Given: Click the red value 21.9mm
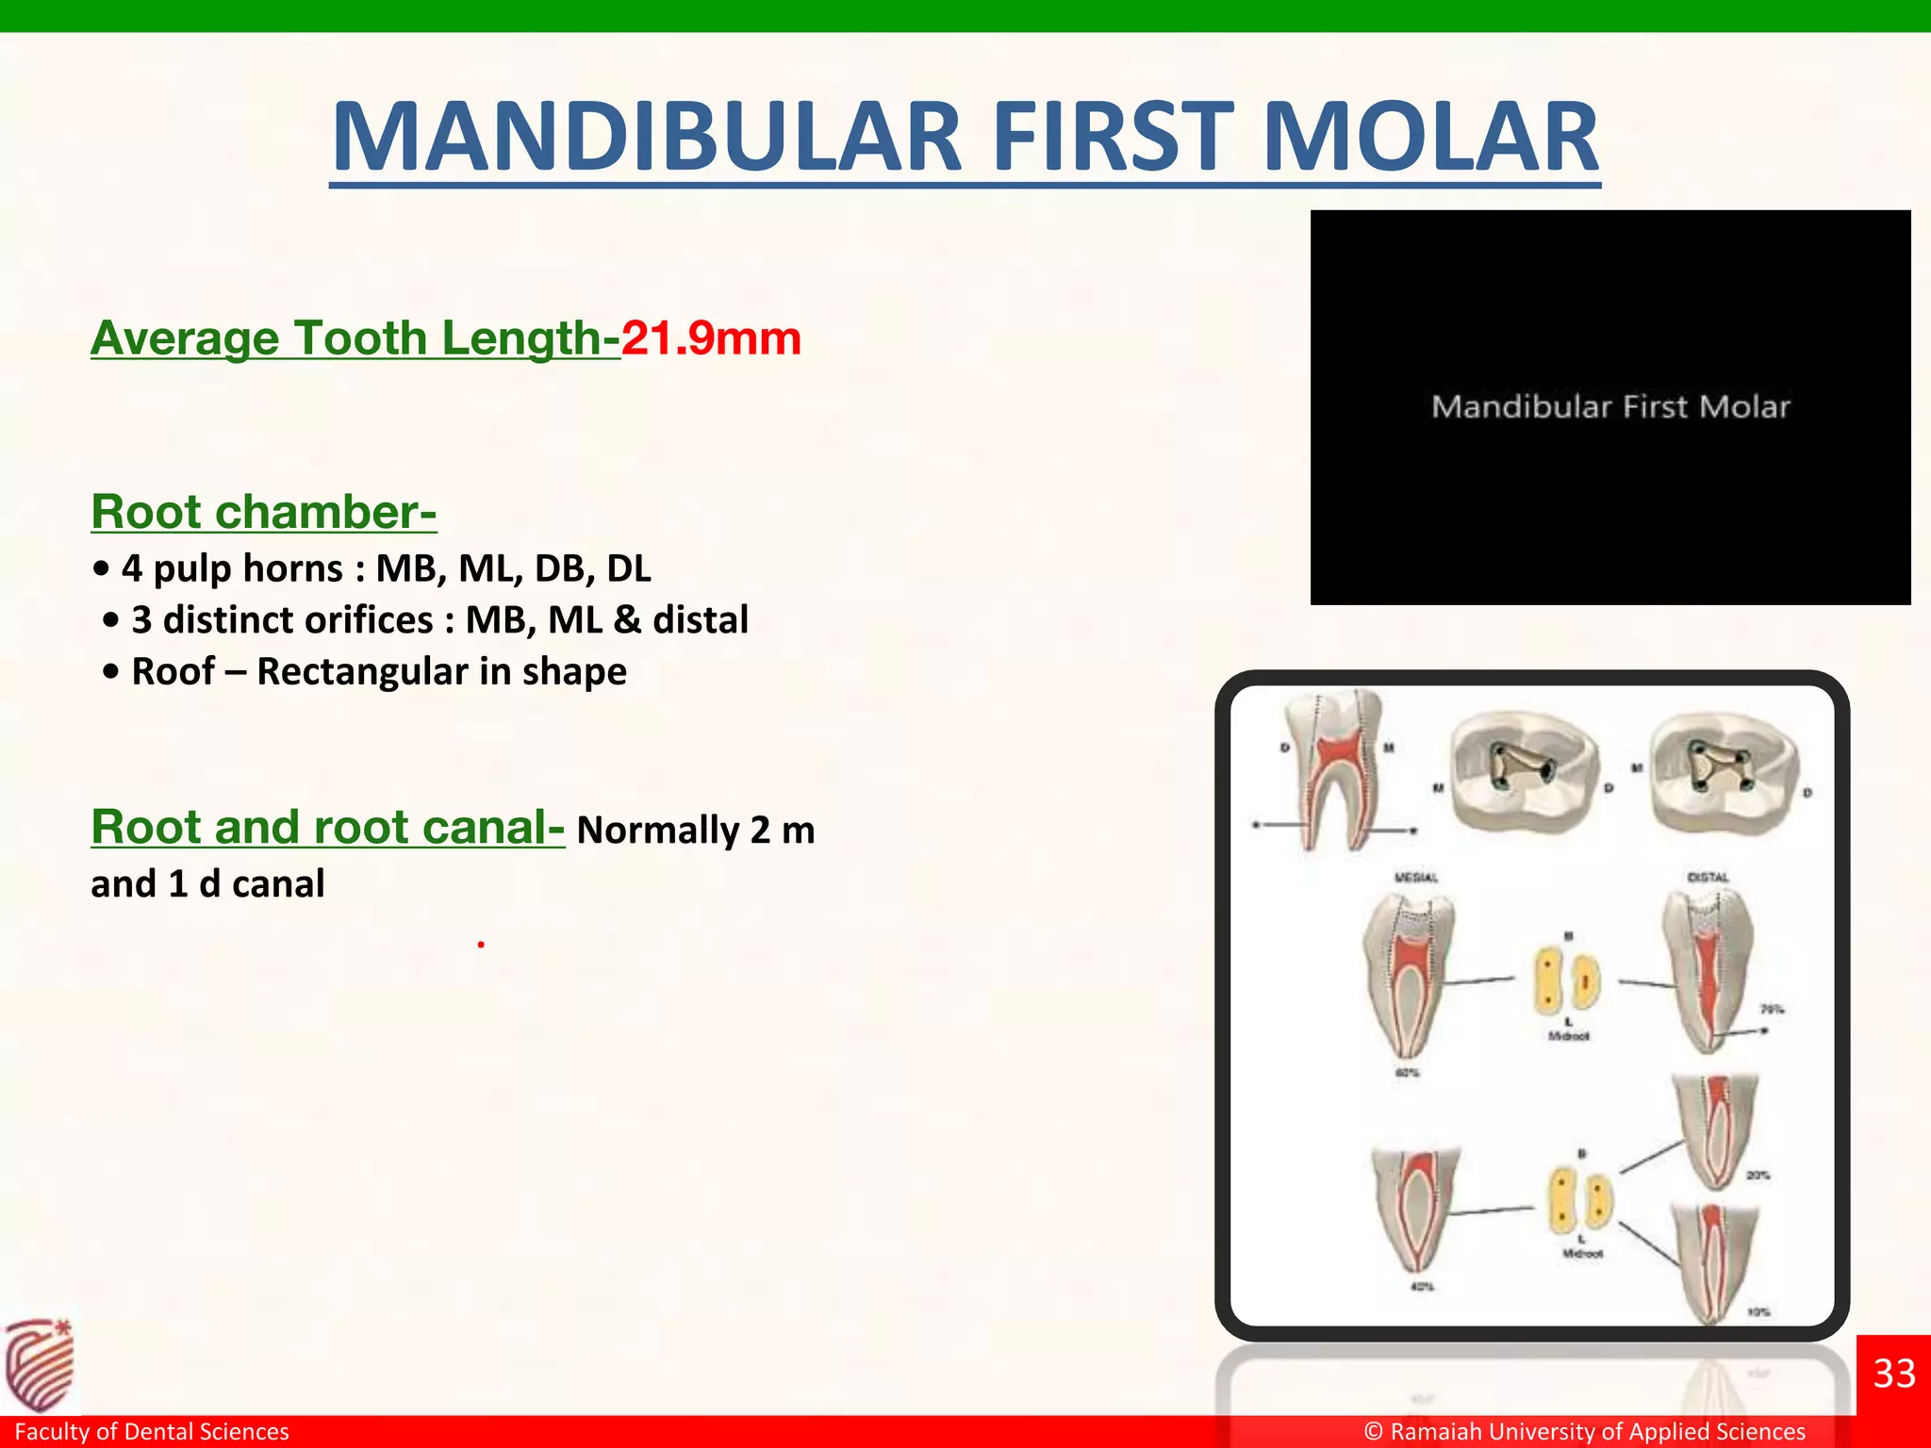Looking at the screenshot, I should pyautogui.click(x=711, y=337).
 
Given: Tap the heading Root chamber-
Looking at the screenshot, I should pyautogui.click(x=263, y=512).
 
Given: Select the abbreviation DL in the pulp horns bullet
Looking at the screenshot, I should pyautogui.click(x=628, y=568).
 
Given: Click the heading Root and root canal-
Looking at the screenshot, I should pyautogui.click(x=327, y=827).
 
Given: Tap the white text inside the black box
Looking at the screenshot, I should pyautogui.click(x=1610, y=407).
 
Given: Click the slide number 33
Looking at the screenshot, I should pyautogui.click(x=1894, y=1374).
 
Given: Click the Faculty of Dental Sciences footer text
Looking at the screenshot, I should pyautogui.click(x=152, y=1431).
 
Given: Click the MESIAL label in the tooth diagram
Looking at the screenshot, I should pyautogui.click(x=1415, y=878).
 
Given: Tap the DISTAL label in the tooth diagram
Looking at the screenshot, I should pyautogui.click(x=1708, y=878).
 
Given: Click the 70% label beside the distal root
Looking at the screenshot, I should pyautogui.click(x=1772, y=1009).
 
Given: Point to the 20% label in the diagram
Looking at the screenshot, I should pyautogui.click(x=1758, y=1176).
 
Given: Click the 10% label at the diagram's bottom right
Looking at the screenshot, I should pyautogui.click(x=1758, y=1311).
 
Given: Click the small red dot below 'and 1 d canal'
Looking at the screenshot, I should pyautogui.click(x=481, y=944).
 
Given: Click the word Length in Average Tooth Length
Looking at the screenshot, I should pyautogui.click(x=521, y=337).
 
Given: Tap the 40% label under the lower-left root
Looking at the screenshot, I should pyautogui.click(x=1421, y=1287).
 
